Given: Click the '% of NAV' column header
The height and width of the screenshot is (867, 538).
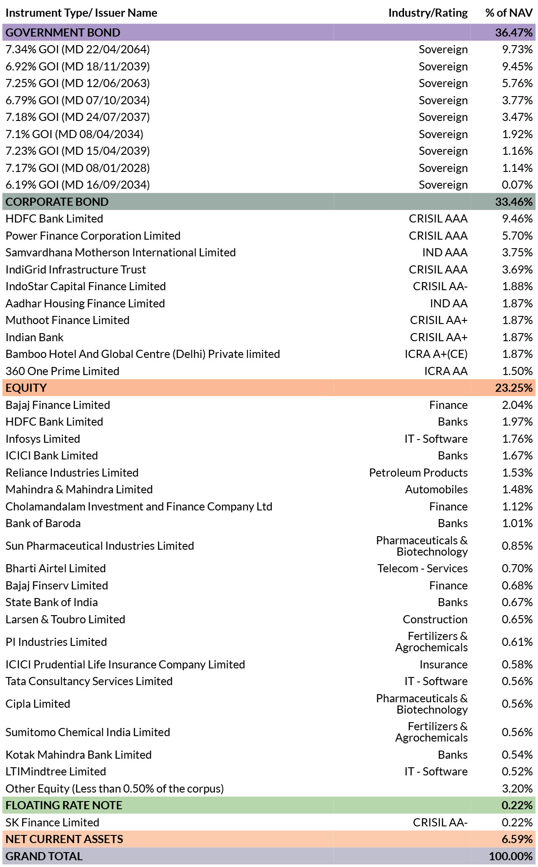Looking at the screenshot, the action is (509, 13).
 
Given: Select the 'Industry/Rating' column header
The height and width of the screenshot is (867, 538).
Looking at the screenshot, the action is (428, 13).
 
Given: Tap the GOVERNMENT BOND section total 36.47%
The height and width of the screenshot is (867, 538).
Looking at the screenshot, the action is (514, 32).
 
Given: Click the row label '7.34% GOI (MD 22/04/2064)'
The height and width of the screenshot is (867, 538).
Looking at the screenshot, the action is (78, 49).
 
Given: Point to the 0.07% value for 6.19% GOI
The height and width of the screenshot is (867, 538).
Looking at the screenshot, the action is (517, 185).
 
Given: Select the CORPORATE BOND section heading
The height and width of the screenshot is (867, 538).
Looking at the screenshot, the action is (57, 202).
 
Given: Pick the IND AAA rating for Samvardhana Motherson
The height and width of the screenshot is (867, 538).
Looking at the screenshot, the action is (445, 252).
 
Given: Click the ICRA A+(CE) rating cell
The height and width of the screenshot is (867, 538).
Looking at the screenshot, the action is (436, 354).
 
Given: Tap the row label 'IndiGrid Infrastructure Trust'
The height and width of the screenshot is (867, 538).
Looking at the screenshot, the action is (76, 269).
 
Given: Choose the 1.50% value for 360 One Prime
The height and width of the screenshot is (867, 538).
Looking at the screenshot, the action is (517, 371).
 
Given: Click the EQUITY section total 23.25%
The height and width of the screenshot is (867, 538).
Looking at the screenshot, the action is (514, 388).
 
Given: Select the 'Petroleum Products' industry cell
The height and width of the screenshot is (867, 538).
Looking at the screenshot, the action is (418, 473).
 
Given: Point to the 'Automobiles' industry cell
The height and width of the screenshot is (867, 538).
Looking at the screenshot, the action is (436, 489).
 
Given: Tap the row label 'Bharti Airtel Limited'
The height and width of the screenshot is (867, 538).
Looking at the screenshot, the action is (56, 568).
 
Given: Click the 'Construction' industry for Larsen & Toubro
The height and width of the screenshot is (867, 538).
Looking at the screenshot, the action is (435, 619).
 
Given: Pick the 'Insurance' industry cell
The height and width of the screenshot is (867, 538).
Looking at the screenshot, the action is (444, 664).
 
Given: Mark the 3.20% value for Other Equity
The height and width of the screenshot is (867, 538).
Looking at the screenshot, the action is (517, 788).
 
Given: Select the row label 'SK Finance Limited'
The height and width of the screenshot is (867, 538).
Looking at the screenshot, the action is (52, 822).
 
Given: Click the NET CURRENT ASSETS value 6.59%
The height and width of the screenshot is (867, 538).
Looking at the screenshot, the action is (517, 839).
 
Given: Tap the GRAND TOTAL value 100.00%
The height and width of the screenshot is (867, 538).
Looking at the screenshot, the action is (511, 856).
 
